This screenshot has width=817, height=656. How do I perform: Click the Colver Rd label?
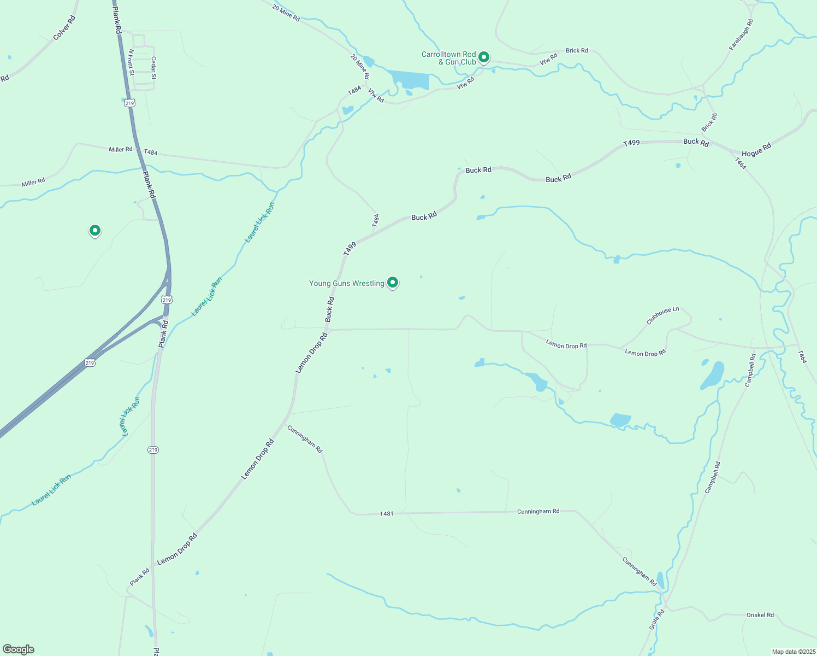[64, 28]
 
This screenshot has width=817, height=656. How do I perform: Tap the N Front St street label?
[131, 62]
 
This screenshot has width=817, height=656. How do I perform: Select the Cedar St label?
[153, 68]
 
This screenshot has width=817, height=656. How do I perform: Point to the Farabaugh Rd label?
[741, 35]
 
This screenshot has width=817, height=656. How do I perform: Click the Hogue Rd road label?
[756, 149]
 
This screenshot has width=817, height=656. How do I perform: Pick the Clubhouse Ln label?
[662, 315]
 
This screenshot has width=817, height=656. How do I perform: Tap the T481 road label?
[386, 514]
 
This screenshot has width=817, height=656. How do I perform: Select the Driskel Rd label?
[760, 615]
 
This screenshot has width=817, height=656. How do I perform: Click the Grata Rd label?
[656, 619]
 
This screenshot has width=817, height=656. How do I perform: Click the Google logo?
[18, 649]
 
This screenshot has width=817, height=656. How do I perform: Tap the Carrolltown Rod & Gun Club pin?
[483, 57]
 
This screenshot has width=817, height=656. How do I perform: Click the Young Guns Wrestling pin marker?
[392, 282]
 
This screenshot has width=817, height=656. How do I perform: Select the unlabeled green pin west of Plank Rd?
[95, 231]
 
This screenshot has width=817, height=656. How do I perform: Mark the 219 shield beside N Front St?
[129, 103]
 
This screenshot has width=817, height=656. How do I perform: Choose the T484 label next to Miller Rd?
[151, 153]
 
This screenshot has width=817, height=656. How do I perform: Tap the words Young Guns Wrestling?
[347, 283]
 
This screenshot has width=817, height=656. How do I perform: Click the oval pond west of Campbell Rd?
[713, 376]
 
